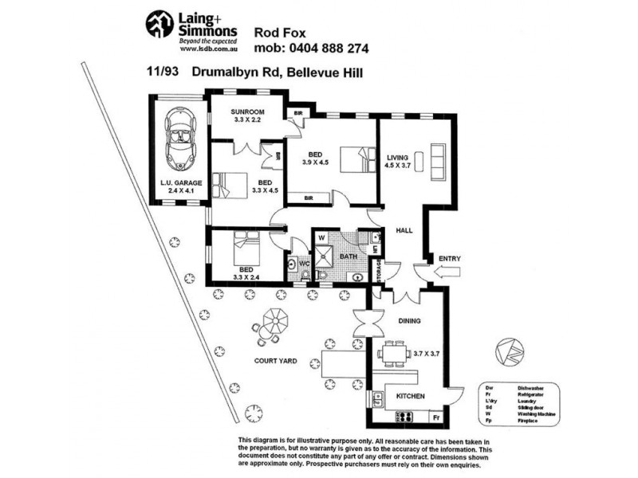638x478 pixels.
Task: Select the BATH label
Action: click(x=349, y=257)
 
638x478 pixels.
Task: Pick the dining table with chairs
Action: click(x=393, y=353)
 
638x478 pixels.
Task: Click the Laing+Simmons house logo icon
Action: click(x=159, y=24)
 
